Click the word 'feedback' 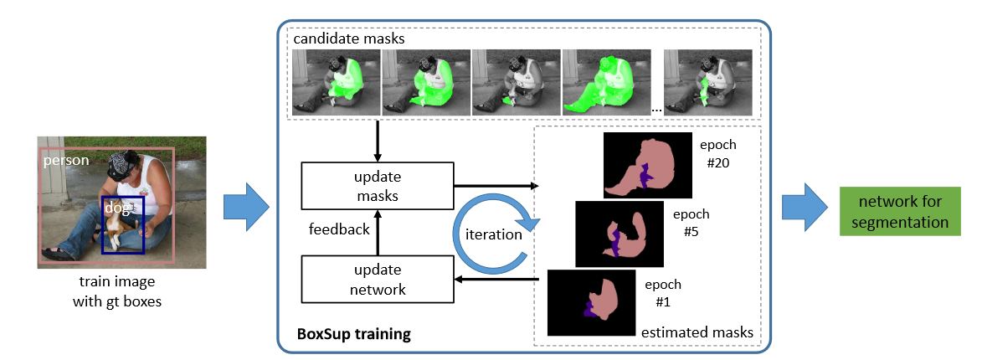[338, 229]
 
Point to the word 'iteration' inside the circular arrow [493, 234]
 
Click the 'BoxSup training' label [354, 335]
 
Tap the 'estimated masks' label [697, 332]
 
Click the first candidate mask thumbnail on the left [335, 81]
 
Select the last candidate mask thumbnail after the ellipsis [707, 81]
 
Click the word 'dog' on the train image [115, 208]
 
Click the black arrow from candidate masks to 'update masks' [378, 139]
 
